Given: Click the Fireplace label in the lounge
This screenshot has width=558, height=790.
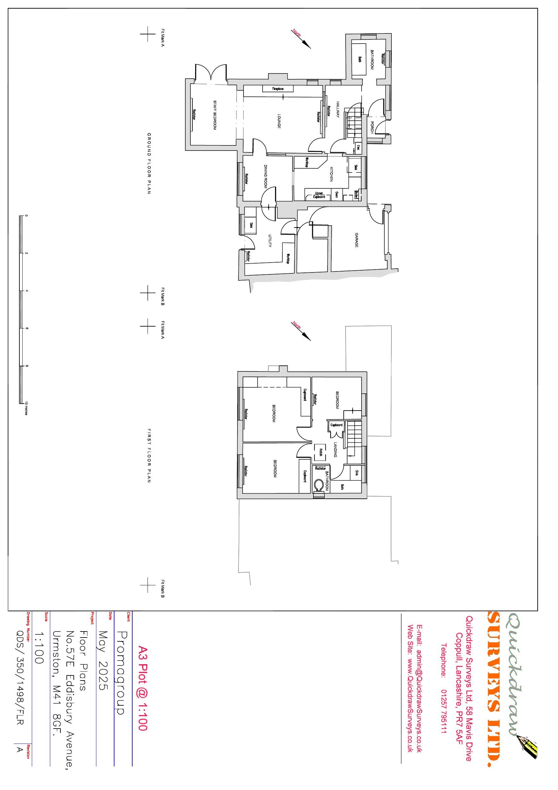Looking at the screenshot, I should tap(278, 89).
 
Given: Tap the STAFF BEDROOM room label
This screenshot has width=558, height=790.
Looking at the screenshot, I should tap(215, 115).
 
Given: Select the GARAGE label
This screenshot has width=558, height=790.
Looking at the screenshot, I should tap(356, 240).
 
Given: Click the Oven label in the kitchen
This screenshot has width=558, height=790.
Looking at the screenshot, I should tap(337, 195).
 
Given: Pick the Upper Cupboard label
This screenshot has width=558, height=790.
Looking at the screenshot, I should tap(319, 195).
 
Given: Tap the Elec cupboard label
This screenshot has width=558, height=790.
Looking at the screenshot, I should tap(358, 148).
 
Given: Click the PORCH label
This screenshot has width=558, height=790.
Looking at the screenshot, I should tap(372, 128).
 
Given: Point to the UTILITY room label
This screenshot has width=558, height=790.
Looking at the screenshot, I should tap(270, 241).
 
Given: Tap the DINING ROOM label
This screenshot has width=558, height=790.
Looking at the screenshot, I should tap(266, 176).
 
